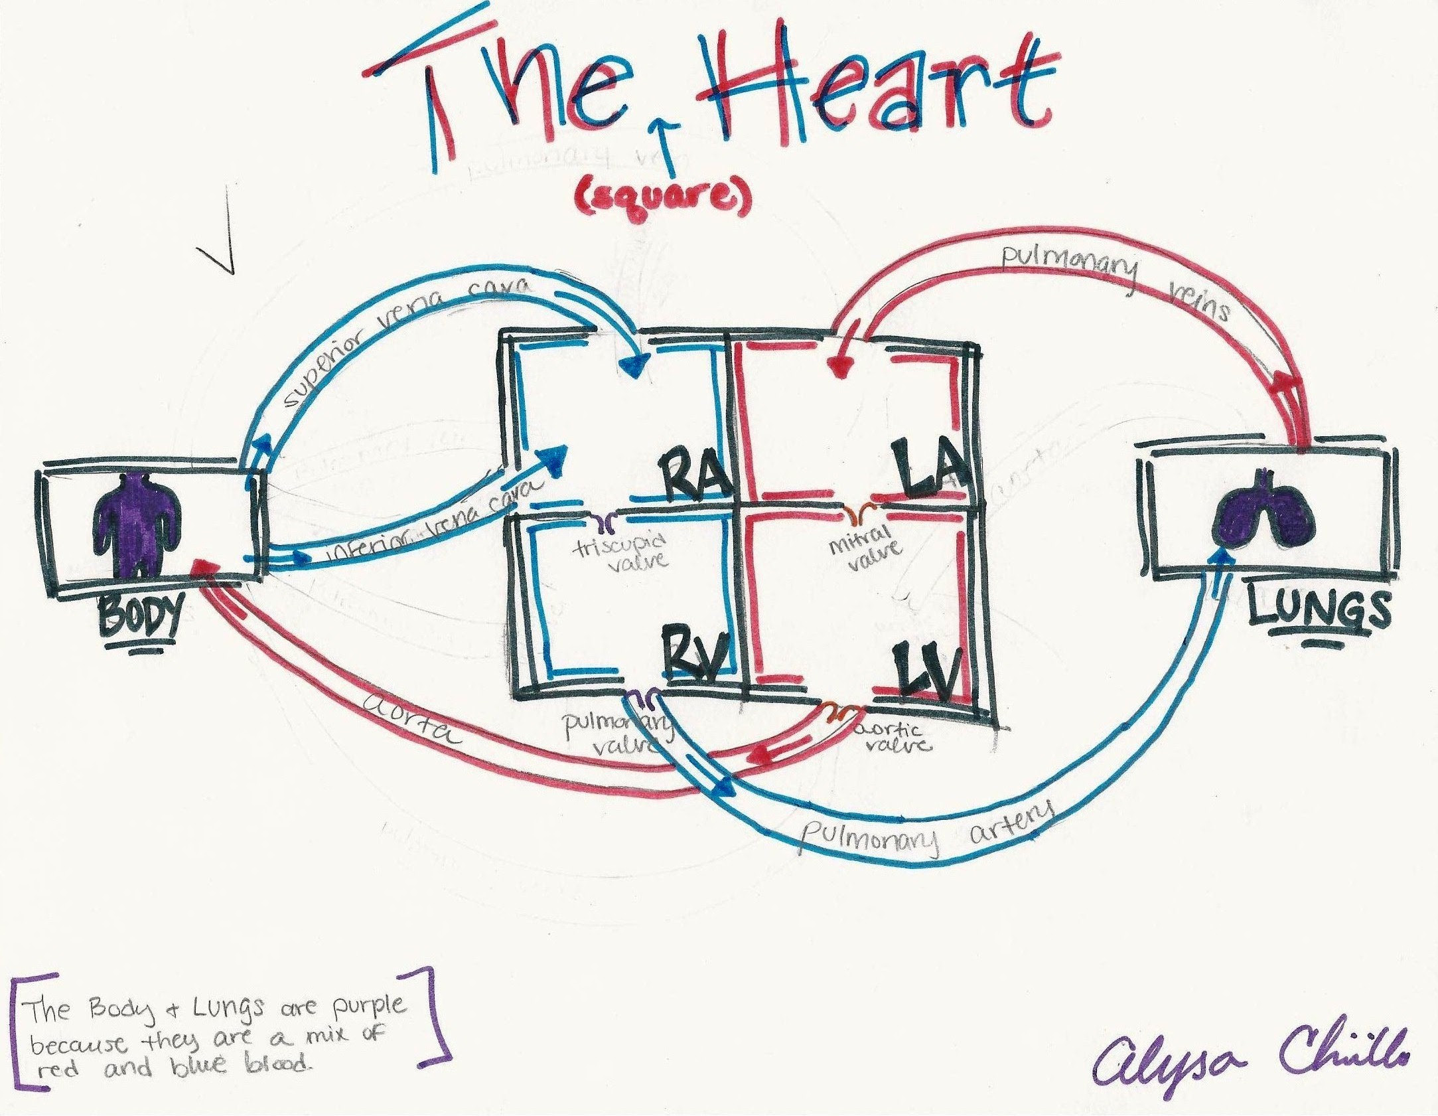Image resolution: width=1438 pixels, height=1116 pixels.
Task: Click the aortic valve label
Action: click(893, 738)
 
